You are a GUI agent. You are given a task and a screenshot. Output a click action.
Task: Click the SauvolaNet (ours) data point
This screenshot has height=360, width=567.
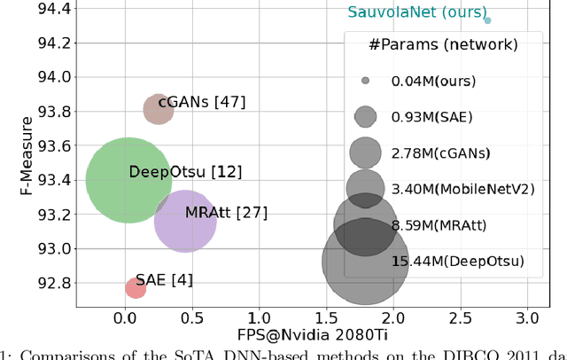point(487,20)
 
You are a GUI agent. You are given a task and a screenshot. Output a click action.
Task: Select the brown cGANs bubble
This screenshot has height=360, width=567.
point(159,110)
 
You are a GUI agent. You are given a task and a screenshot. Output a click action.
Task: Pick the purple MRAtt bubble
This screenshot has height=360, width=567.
point(185,222)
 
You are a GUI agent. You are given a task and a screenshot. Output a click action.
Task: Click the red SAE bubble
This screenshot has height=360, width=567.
point(136,288)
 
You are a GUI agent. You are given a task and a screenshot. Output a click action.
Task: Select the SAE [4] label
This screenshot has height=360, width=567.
point(164,281)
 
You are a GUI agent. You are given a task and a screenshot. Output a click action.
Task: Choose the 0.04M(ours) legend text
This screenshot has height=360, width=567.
point(433,81)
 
